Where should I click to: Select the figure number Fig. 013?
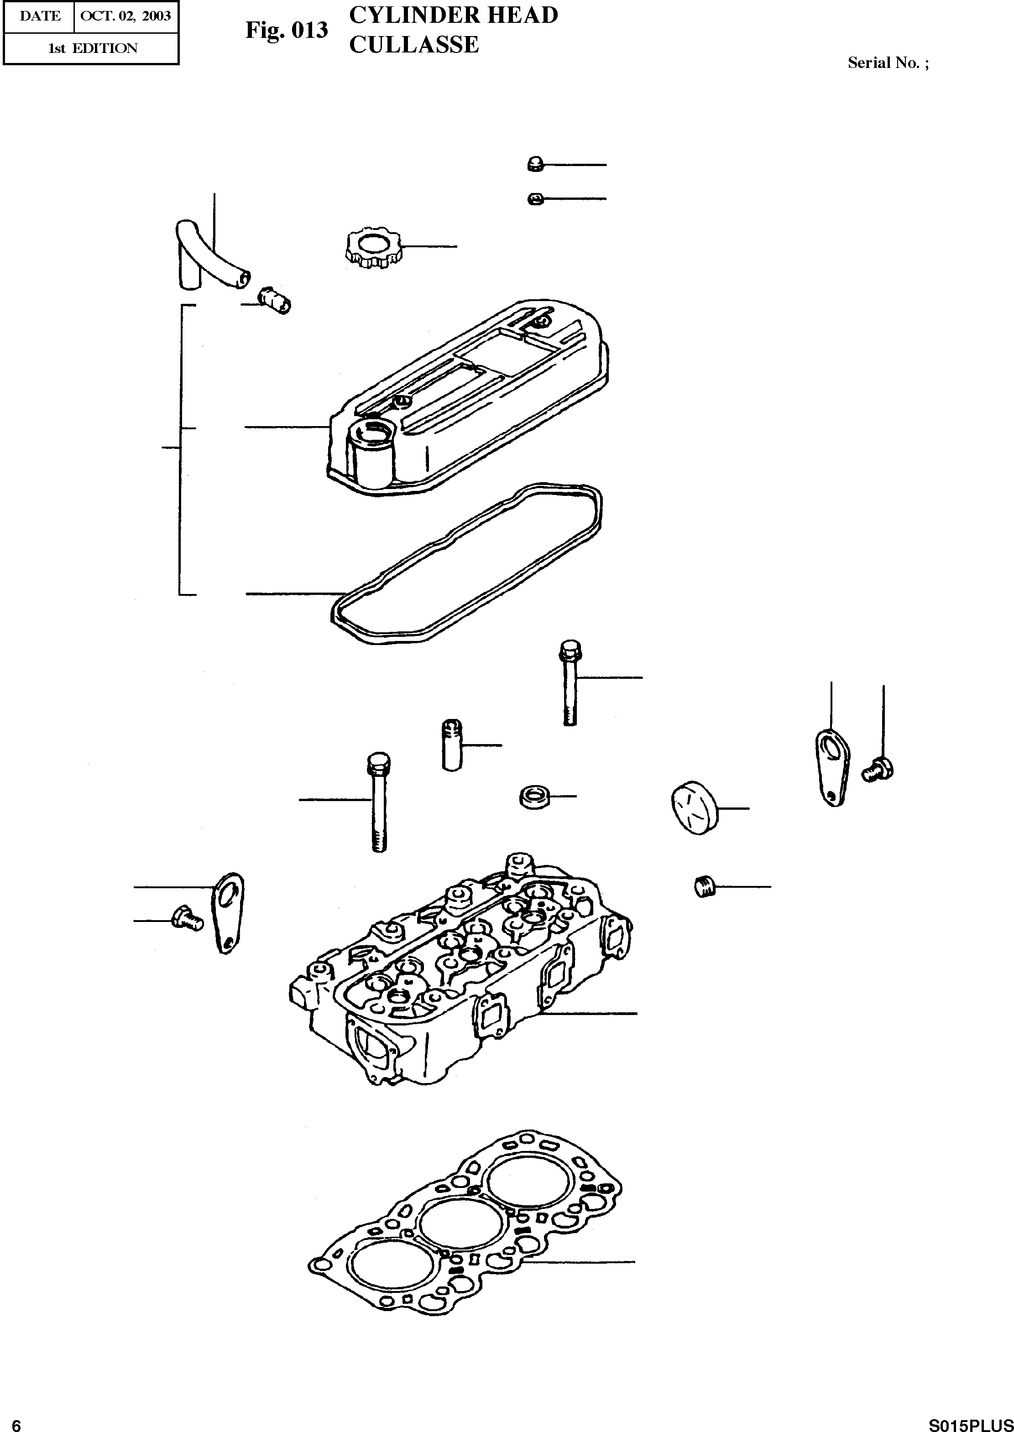(286, 29)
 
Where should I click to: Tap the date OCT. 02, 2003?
(125, 16)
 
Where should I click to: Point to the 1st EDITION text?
(93, 48)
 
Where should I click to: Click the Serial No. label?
(887, 62)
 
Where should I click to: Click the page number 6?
(17, 1422)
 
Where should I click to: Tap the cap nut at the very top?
(534, 164)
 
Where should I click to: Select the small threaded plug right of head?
(704, 886)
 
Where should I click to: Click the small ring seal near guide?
(533, 797)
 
